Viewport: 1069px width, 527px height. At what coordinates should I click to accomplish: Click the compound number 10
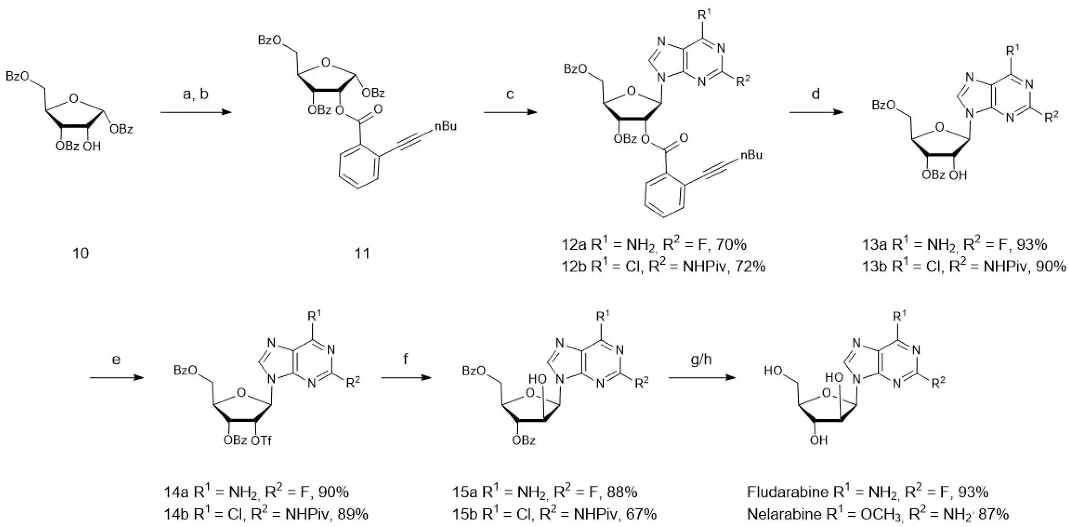[81, 253]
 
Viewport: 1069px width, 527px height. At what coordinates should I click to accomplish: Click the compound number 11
[361, 253]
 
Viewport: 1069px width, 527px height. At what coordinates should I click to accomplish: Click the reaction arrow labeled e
[116, 378]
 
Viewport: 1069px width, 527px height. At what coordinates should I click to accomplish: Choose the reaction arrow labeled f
[405, 378]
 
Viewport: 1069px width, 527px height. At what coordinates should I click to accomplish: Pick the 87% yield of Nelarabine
[993, 514]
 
